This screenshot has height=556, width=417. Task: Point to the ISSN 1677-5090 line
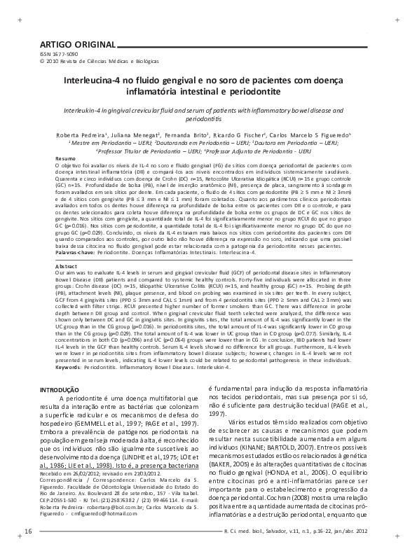tap(60, 54)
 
